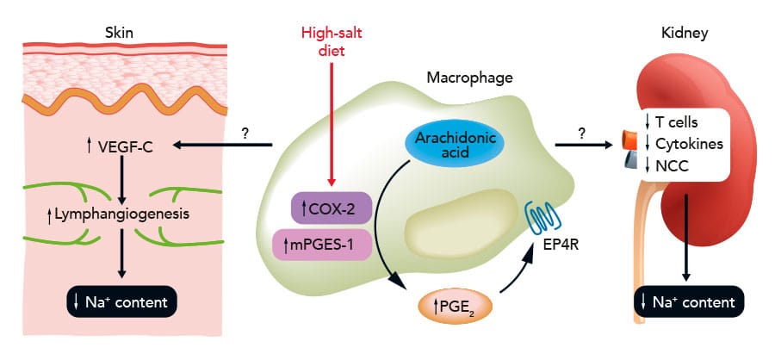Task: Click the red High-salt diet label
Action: (x=332, y=41)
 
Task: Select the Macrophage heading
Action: (x=470, y=78)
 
